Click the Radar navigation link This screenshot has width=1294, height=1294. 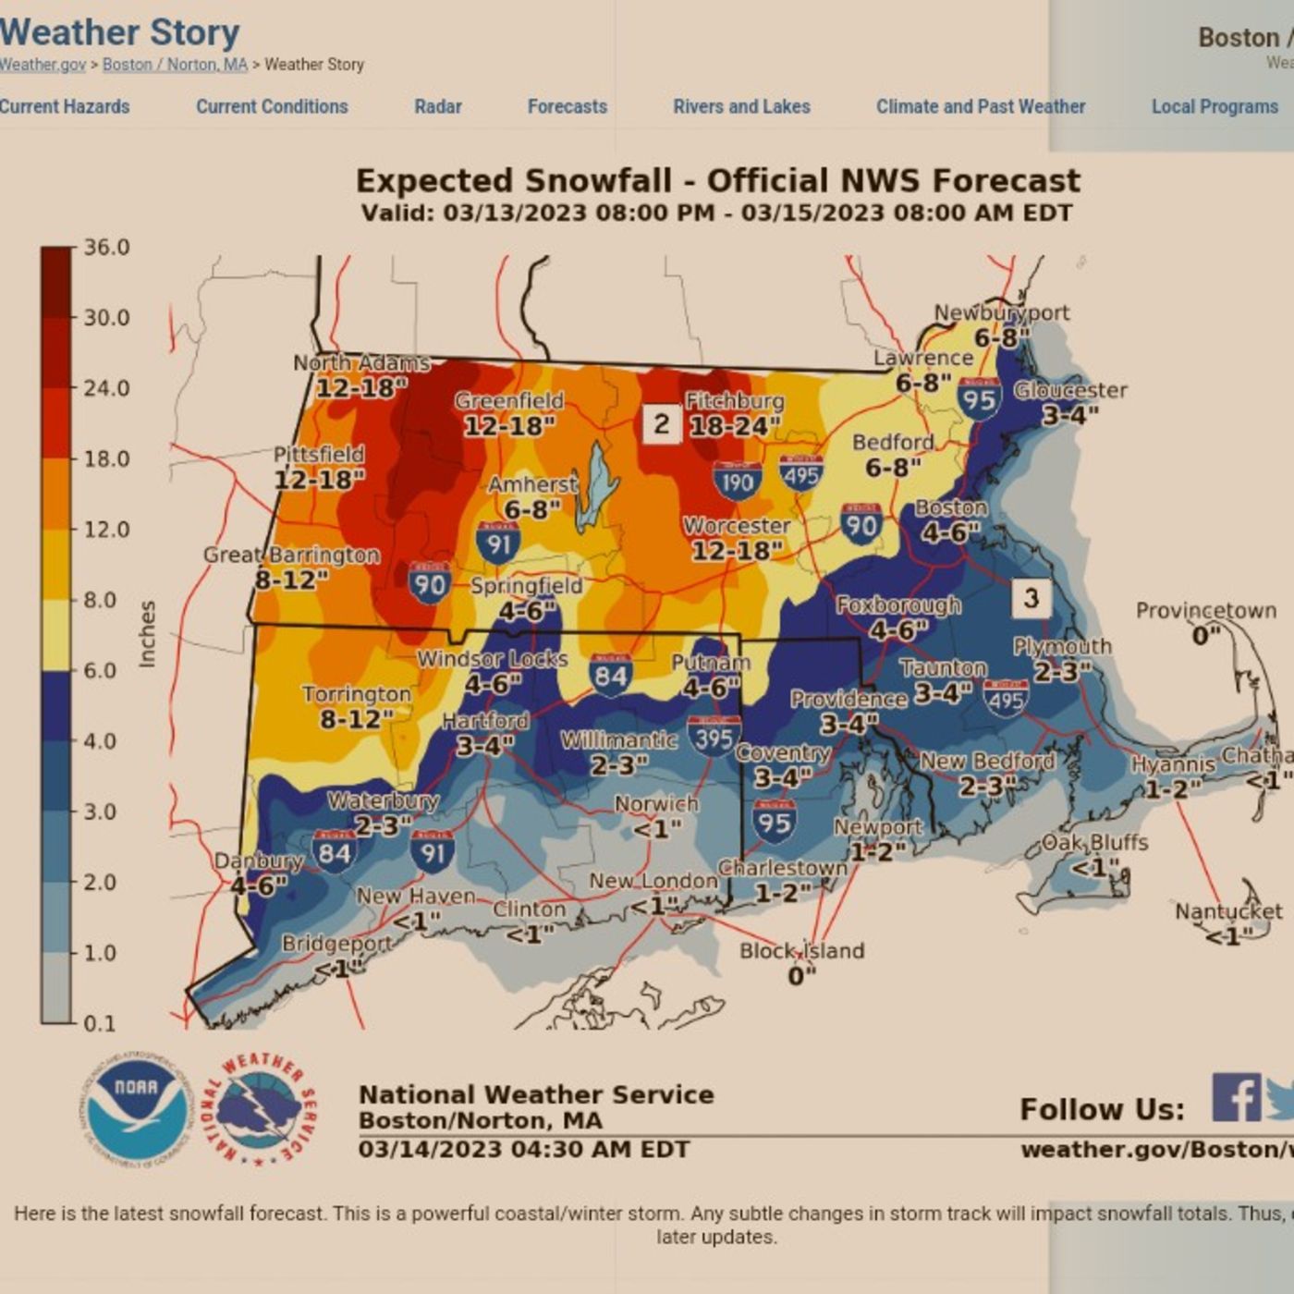437,106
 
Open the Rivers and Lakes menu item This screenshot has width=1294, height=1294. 741,106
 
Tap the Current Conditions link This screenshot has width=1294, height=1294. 272,106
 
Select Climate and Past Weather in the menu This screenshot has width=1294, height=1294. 981,106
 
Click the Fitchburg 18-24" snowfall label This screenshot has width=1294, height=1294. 734,413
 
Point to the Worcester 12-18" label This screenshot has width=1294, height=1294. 737,538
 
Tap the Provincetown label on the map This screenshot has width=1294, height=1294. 1205,611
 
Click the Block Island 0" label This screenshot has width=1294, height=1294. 801,962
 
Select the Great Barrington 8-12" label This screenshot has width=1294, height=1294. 291,567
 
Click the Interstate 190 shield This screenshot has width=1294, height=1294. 737,482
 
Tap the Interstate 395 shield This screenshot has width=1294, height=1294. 714,737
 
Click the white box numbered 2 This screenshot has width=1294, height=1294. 662,424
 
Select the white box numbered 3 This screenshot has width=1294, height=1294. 1032,598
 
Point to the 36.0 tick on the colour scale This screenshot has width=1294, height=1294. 106,248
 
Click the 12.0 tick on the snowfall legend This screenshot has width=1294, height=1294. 106,530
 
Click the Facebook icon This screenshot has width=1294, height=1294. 1236,1098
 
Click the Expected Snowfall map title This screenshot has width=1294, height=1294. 717,181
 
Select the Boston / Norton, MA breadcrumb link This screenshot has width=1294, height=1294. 175,65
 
